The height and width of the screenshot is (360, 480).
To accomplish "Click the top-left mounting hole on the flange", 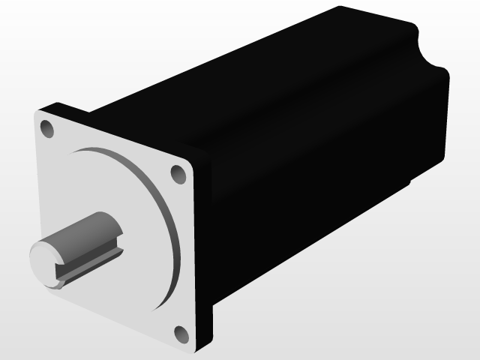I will point(46,129).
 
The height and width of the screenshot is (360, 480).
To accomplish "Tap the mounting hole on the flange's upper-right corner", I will point(178,174).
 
